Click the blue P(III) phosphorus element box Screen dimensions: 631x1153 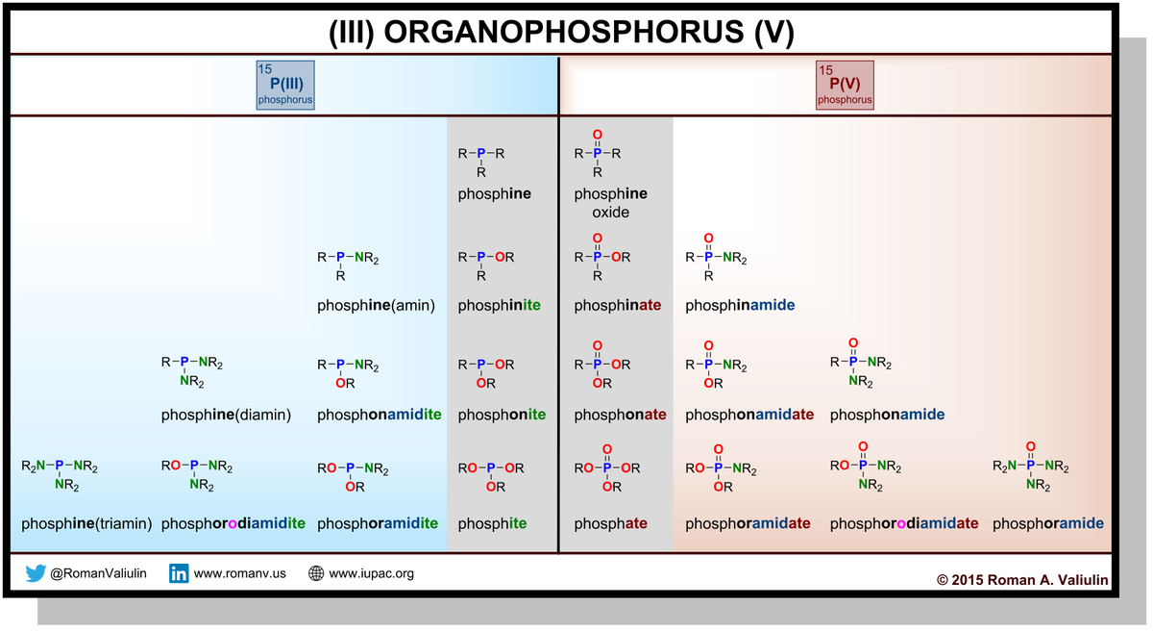285,85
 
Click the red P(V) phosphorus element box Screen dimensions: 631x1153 845,85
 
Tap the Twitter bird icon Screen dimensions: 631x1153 36,574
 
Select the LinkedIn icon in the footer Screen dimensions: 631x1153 179,574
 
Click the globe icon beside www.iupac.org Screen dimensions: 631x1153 316,574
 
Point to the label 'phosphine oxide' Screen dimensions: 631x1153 610,202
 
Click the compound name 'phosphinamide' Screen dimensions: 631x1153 740,306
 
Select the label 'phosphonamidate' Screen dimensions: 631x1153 749,415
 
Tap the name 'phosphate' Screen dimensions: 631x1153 610,524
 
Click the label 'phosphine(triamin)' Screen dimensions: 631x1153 87,524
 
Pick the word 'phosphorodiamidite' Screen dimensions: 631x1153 233,524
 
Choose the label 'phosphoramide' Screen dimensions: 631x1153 1048,524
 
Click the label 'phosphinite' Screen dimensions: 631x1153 499,306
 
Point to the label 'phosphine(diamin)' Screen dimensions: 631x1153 226,415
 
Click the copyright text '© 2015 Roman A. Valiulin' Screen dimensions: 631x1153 1022,579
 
